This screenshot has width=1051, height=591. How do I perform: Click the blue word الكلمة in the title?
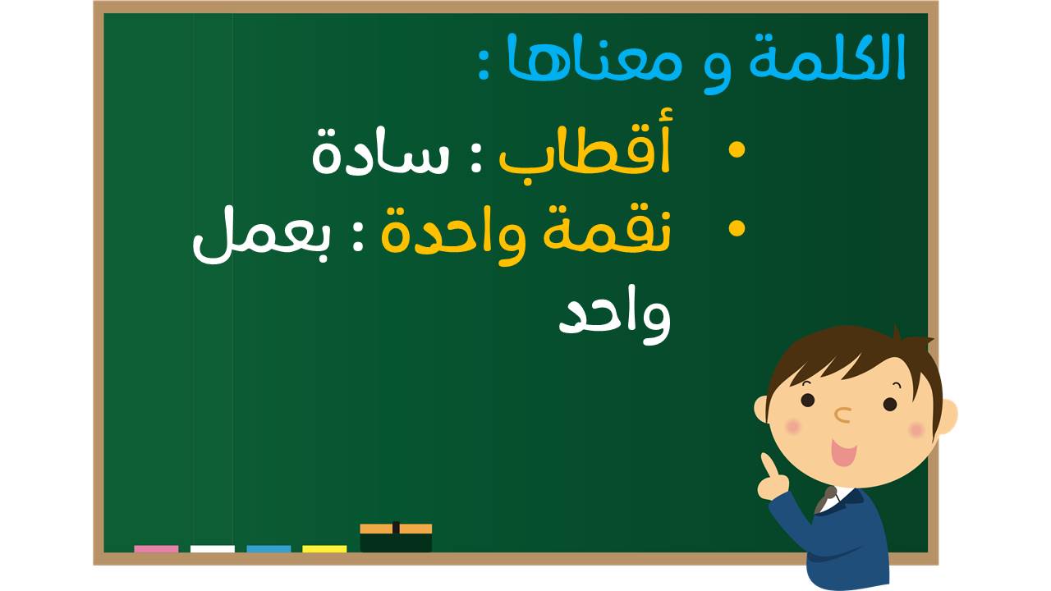tap(827, 57)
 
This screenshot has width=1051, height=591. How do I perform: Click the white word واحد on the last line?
tap(615, 315)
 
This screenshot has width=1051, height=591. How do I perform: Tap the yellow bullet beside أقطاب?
tap(737, 149)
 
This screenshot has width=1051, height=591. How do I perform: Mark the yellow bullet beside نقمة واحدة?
tap(737, 229)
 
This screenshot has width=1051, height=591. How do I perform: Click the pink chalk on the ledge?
tap(156, 549)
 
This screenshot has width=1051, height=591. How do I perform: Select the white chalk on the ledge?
tap(213, 549)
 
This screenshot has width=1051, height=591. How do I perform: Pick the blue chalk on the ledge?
tap(268, 549)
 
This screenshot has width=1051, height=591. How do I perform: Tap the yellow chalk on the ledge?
tap(324, 549)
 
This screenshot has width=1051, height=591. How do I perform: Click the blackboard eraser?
tap(396, 538)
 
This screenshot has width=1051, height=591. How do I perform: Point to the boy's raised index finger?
tap(768, 465)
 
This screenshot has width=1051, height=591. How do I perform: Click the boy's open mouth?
tap(843, 452)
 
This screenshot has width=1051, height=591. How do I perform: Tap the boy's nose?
tap(843, 415)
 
